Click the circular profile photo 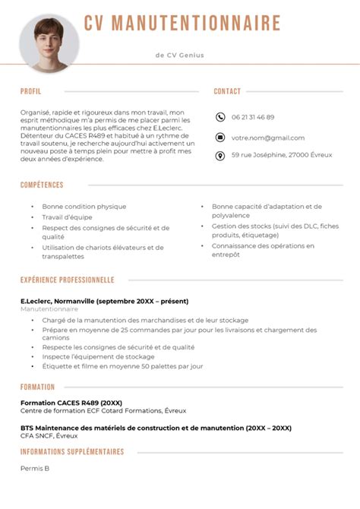[x=49, y=44]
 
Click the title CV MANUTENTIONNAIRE [x=182, y=24]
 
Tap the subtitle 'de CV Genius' [x=179, y=55]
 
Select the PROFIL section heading [x=31, y=91]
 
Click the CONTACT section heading [x=227, y=91]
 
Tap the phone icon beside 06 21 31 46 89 [x=220, y=117]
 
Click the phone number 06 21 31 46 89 [x=253, y=117]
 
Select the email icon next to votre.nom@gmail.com [x=220, y=138]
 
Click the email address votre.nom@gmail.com [x=268, y=138]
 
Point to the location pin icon [x=220, y=156]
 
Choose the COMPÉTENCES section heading [x=42, y=185]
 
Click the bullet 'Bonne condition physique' [x=84, y=207]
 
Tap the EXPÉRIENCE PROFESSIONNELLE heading [x=68, y=280]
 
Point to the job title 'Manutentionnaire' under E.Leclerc [x=49, y=310]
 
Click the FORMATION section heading [x=37, y=387]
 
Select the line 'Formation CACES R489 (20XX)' [x=71, y=403]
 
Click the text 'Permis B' [x=35, y=468]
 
